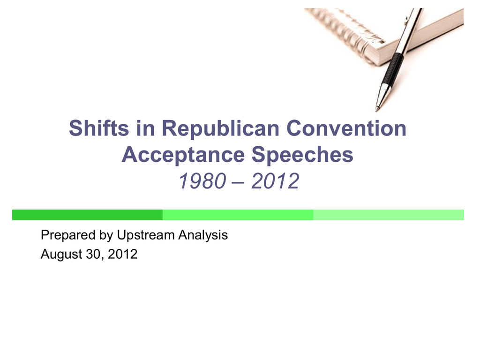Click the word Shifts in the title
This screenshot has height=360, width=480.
(99, 128)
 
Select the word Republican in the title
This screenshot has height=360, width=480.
(220, 128)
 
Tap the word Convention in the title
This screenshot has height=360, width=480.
(346, 128)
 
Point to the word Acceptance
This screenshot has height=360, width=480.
(183, 155)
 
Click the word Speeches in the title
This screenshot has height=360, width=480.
(302, 155)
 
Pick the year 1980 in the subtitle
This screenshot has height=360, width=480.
(202, 181)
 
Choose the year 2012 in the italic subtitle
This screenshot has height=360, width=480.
(275, 181)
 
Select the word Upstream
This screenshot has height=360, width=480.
(146, 235)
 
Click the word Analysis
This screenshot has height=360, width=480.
(203, 235)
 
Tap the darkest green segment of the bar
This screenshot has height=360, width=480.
(87, 215)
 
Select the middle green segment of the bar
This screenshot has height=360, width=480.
(238, 215)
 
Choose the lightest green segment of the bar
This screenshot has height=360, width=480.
(389, 215)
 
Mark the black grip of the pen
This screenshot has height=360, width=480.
(393, 68)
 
